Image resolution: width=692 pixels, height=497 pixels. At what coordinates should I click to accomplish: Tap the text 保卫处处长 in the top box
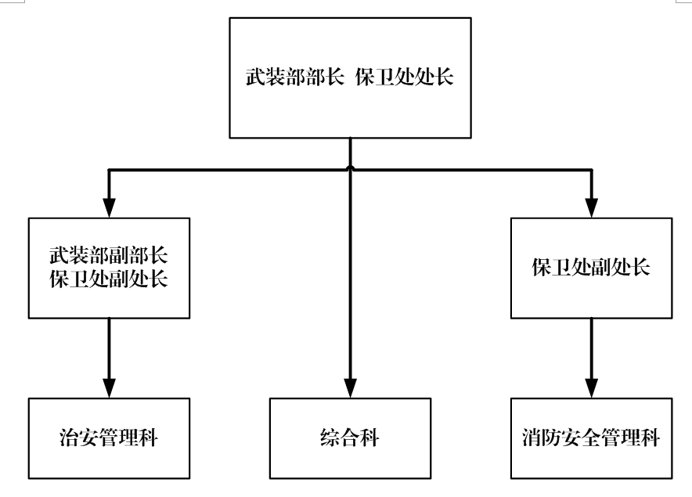[x=404, y=80]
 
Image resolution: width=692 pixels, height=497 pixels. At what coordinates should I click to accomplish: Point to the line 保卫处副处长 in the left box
[x=109, y=278]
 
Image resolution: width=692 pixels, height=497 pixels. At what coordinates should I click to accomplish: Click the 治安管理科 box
[x=109, y=437]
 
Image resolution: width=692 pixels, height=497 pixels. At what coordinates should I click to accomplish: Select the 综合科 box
[x=350, y=437]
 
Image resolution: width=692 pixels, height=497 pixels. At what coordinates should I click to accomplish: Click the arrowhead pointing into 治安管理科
[x=109, y=388]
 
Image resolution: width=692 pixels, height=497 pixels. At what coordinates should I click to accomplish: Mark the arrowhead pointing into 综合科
[x=350, y=388]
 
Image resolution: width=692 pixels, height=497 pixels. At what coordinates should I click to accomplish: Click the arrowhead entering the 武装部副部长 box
[x=109, y=207]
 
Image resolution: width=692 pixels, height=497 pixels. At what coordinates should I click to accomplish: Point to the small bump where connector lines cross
[x=350, y=167]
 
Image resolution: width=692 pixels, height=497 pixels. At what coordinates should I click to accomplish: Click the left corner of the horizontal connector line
[x=109, y=170]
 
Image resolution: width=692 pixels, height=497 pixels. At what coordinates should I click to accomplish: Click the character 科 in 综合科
[x=370, y=438]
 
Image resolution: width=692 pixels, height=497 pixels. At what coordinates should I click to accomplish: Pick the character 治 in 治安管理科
[x=69, y=438]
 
